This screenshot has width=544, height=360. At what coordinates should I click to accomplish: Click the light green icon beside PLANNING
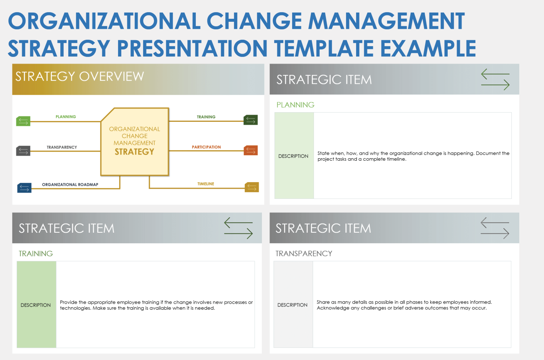(23, 121)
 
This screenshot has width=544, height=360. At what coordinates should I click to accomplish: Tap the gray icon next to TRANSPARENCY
(23, 151)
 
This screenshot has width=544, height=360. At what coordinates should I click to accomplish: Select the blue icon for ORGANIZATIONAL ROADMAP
(24, 188)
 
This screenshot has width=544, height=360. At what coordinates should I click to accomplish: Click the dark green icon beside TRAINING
(251, 120)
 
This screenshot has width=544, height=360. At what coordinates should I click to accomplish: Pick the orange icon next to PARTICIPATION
(251, 150)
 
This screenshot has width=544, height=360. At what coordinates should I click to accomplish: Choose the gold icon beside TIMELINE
(252, 187)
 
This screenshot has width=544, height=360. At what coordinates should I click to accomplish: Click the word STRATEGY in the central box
(134, 152)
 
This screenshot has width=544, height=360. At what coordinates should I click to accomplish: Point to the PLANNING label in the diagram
(66, 117)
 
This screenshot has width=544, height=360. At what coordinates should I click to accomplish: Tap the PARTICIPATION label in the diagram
(206, 147)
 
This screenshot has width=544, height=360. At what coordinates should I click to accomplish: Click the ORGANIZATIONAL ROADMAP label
(71, 184)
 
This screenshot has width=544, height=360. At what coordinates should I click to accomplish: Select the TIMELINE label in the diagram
(205, 184)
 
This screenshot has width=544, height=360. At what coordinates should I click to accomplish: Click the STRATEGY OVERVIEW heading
(80, 77)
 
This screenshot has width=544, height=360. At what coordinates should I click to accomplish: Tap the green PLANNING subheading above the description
(295, 105)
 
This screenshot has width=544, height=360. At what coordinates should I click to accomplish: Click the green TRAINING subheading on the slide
(36, 254)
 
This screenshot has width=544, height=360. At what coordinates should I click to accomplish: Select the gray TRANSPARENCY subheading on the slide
(304, 253)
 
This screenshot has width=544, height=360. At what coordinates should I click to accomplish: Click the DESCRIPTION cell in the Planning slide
(293, 156)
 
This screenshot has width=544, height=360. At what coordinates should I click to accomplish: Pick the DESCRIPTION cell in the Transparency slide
(293, 305)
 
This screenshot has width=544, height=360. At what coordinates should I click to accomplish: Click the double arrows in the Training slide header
(239, 228)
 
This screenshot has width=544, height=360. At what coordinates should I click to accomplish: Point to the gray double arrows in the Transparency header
(495, 228)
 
